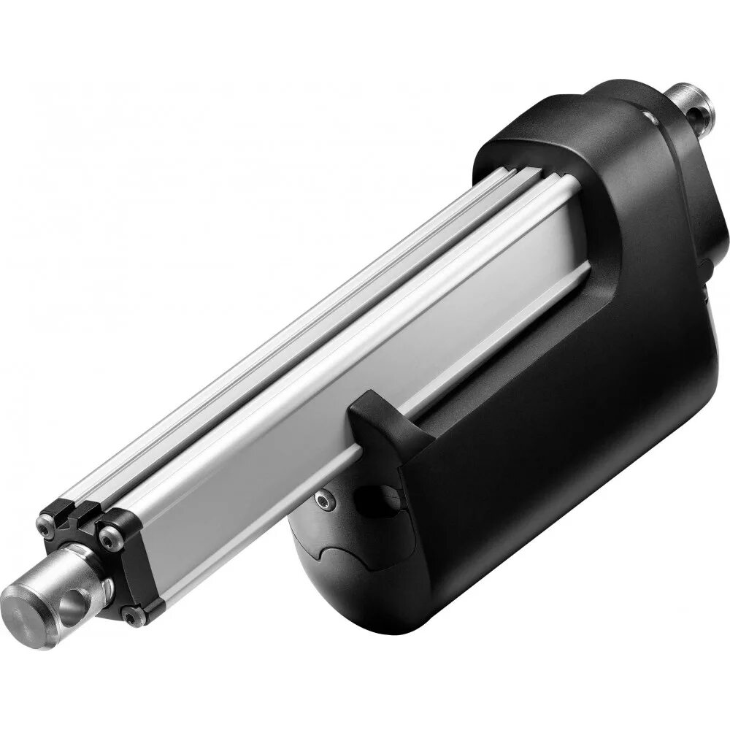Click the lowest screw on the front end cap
coord(131,618)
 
